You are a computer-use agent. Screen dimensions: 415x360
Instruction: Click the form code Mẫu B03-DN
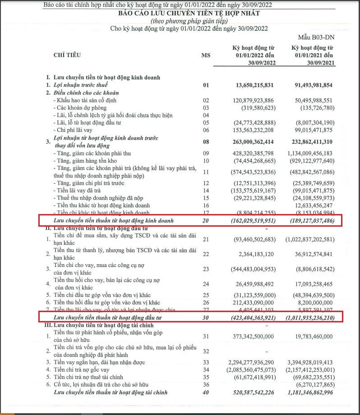[318, 36]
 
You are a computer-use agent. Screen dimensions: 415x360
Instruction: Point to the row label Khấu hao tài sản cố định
[87, 100]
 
